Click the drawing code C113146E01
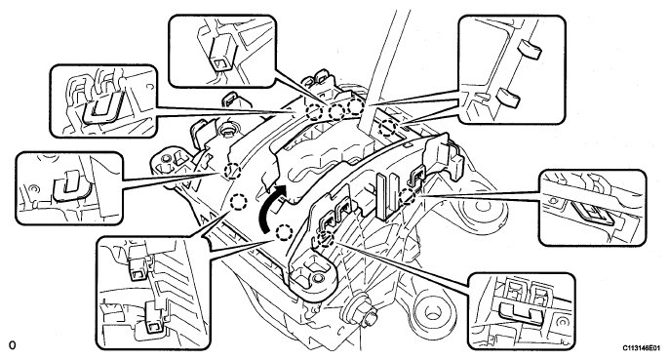(644, 348)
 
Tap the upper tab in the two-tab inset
(529, 50)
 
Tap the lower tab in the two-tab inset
(508, 98)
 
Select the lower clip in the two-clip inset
(154, 318)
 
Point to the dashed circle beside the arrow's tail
(284, 233)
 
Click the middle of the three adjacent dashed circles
(336, 112)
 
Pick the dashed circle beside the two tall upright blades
(408, 196)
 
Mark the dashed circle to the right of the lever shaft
(387, 128)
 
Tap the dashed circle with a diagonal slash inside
(232, 172)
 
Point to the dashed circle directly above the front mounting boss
(326, 237)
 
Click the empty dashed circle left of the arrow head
(239, 202)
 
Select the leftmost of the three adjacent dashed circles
(314, 112)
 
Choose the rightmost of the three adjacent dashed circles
(356, 107)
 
